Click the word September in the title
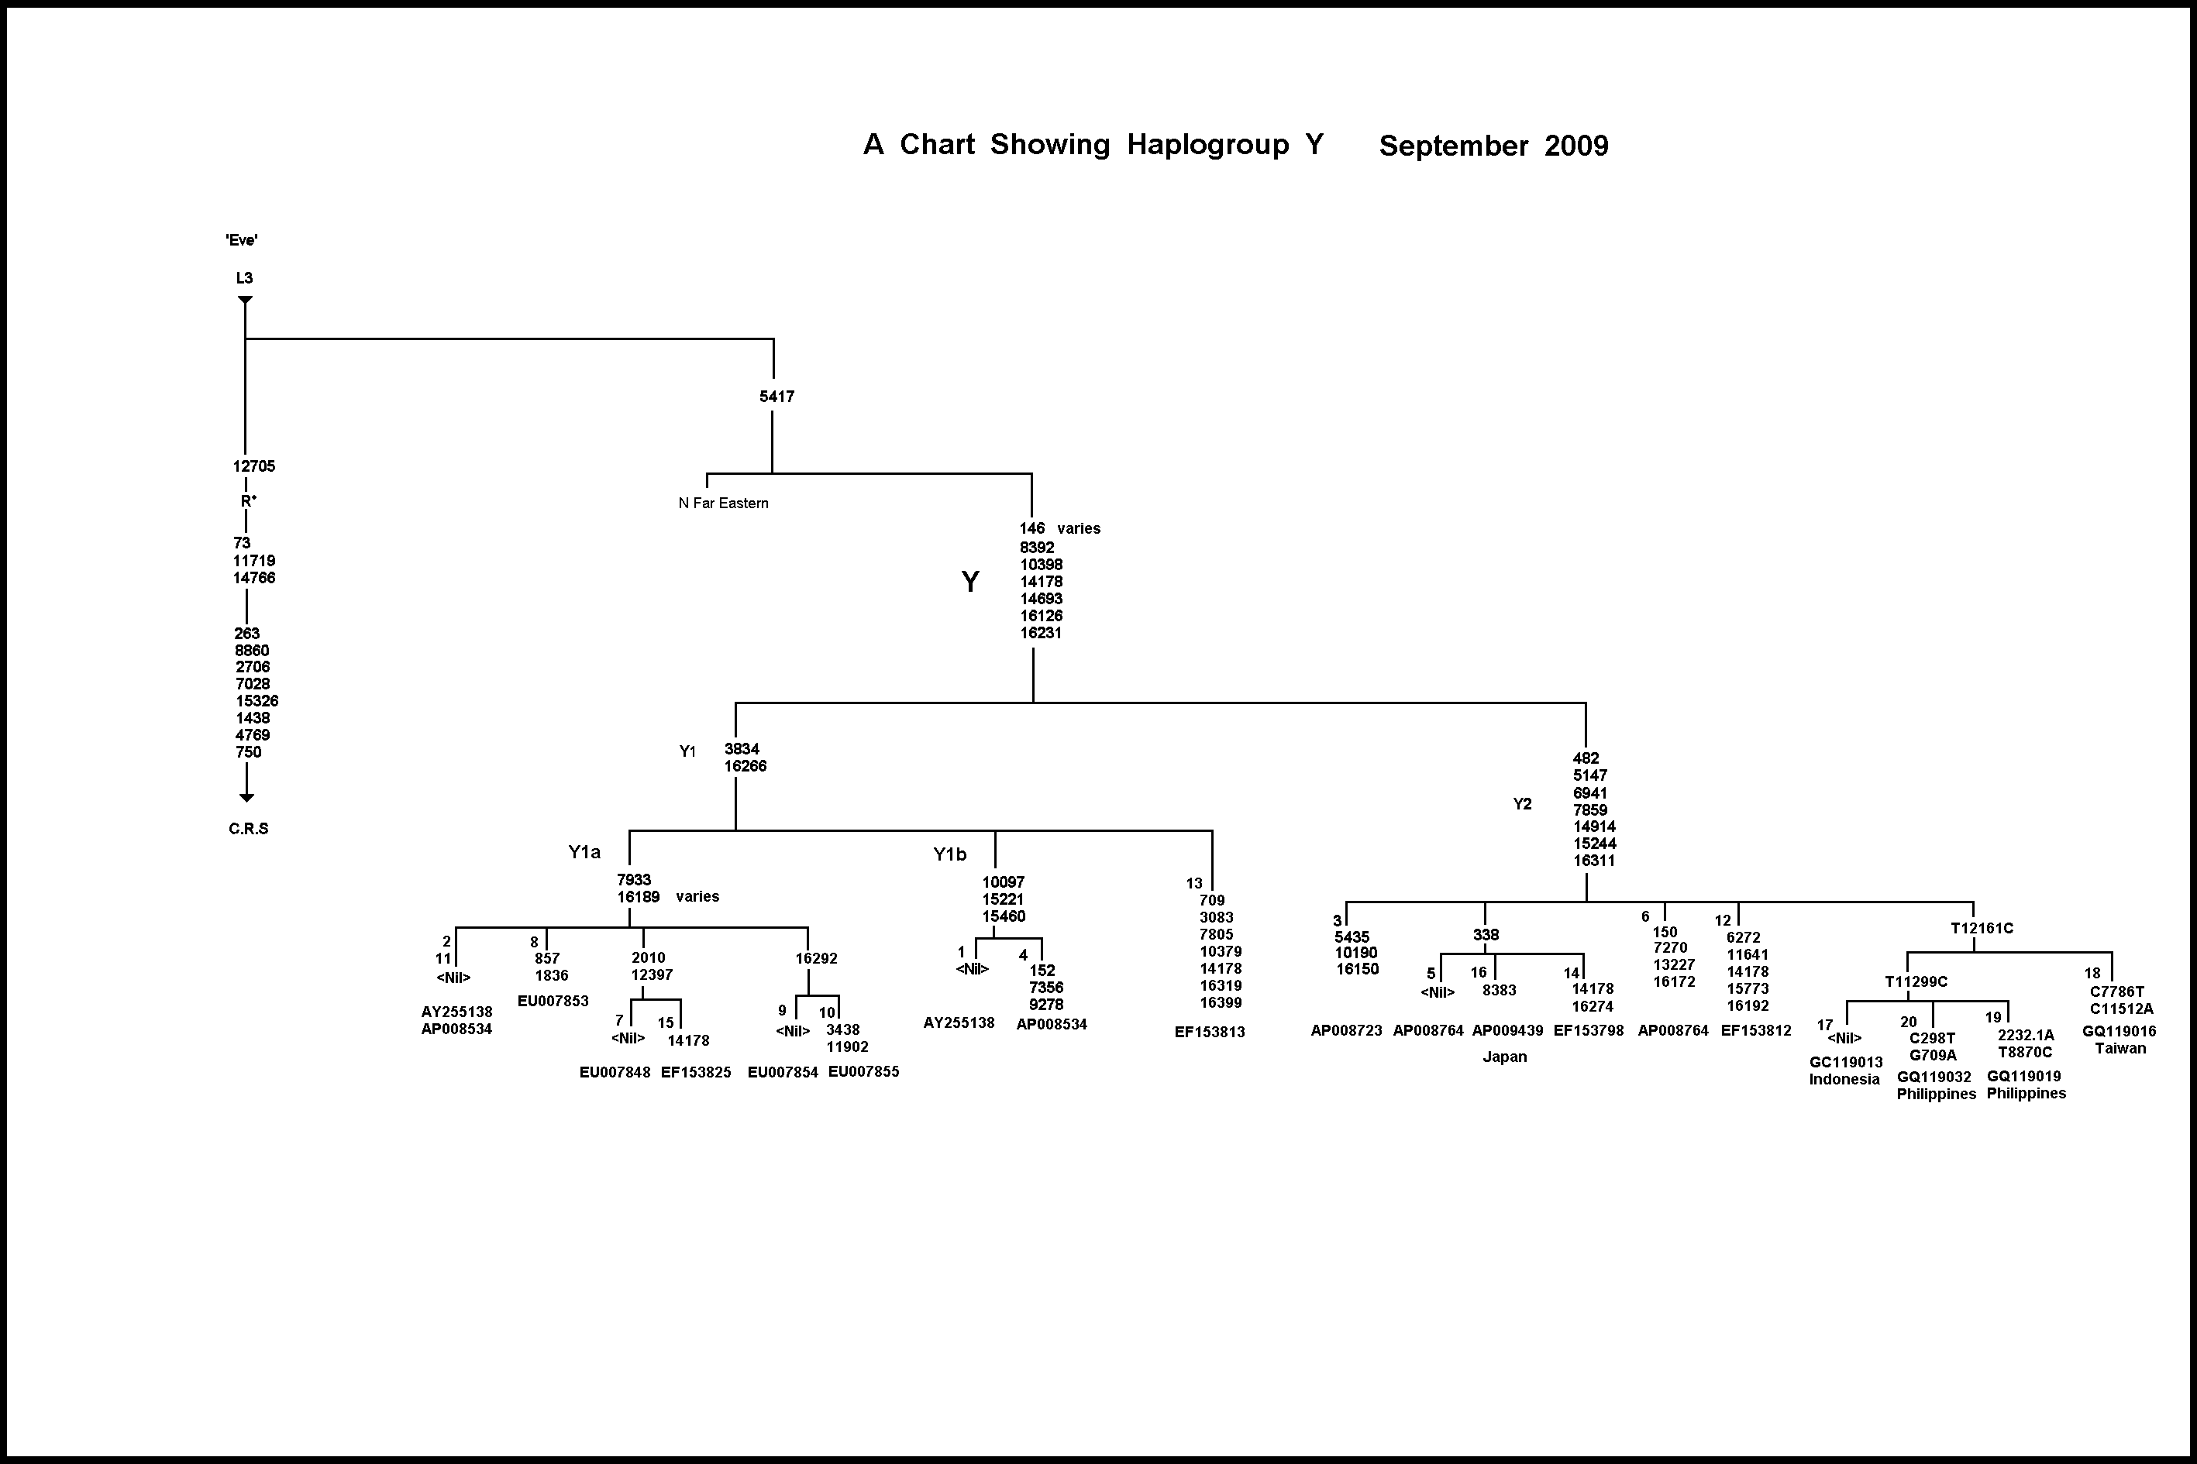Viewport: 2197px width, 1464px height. click(1452, 146)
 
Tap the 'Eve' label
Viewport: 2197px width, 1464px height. click(242, 240)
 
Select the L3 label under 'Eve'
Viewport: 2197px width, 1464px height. click(245, 277)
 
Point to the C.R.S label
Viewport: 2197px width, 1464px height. click(249, 828)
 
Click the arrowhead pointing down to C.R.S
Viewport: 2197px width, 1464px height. click(246, 796)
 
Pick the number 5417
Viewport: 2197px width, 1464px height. click(777, 397)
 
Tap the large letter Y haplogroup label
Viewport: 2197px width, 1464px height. click(970, 582)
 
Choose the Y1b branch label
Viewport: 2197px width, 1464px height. click(950, 854)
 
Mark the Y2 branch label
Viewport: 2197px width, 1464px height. click(1522, 804)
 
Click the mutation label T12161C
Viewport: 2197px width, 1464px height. click(1982, 928)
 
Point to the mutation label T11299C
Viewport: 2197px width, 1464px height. click(1916, 981)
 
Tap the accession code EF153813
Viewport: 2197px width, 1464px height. click(1210, 1032)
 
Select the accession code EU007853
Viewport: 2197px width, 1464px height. click(553, 1001)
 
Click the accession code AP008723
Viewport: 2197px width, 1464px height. click(1346, 1031)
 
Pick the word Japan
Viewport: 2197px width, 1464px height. click(1505, 1057)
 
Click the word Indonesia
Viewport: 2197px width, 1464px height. click(1844, 1079)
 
